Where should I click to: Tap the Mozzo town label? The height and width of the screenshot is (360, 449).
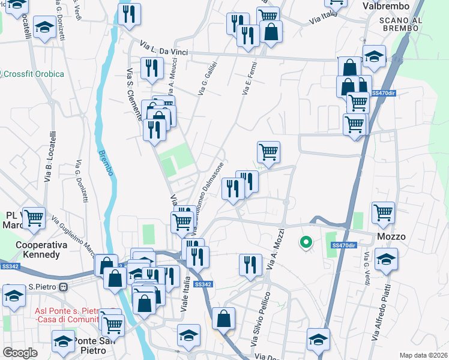[391, 236]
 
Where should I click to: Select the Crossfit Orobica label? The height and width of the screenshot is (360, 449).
[34, 74]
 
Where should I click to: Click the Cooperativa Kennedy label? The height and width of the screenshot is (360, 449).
[38, 250]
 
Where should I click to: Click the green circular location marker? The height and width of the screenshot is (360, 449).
[306, 243]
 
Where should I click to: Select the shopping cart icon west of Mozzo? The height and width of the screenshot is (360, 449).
[383, 212]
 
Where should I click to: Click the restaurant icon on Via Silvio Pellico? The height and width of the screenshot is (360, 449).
[250, 265]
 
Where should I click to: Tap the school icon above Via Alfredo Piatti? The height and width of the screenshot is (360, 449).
[385, 259]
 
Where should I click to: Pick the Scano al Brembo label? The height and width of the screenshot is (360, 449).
[402, 25]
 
